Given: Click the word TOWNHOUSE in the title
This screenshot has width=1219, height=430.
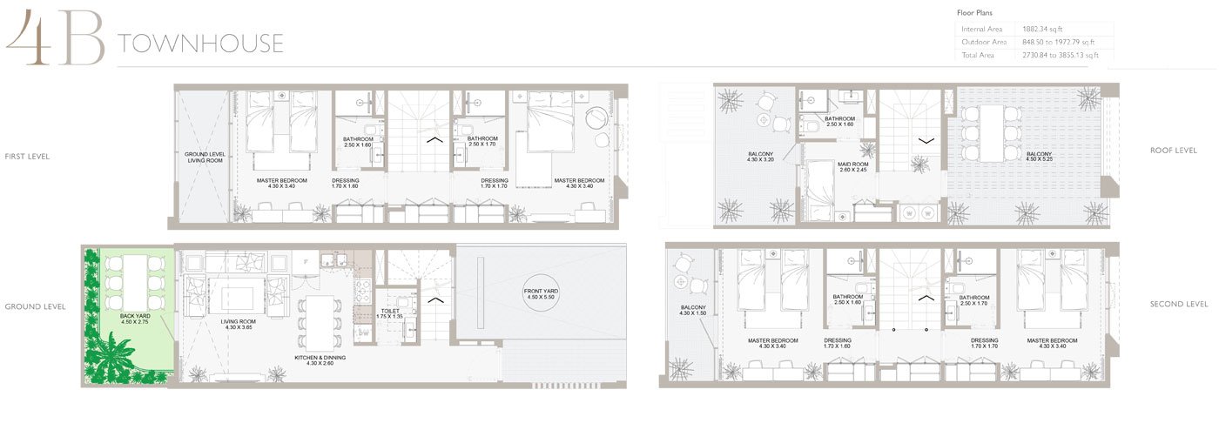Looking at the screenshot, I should pyautogui.click(x=200, y=44).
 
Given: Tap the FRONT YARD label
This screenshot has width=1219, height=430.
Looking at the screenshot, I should pyautogui.click(x=541, y=292).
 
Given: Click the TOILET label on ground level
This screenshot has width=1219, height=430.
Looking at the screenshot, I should pyautogui.click(x=391, y=312).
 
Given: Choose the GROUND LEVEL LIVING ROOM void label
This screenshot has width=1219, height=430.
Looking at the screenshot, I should pyautogui.click(x=205, y=158).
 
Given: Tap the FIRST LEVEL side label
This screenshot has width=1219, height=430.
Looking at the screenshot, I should pyautogui.click(x=27, y=157).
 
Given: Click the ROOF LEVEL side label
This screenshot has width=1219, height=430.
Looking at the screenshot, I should pyautogui.click(x=1173, y=151).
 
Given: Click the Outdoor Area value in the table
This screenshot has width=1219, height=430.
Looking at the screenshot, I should pyautogui.click(x=1058, y=42).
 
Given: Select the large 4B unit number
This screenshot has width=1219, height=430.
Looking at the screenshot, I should pyautogui.click(x=54, y=39).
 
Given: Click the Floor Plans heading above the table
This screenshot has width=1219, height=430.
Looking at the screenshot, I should pyautogui.click(x=974, y=13).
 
